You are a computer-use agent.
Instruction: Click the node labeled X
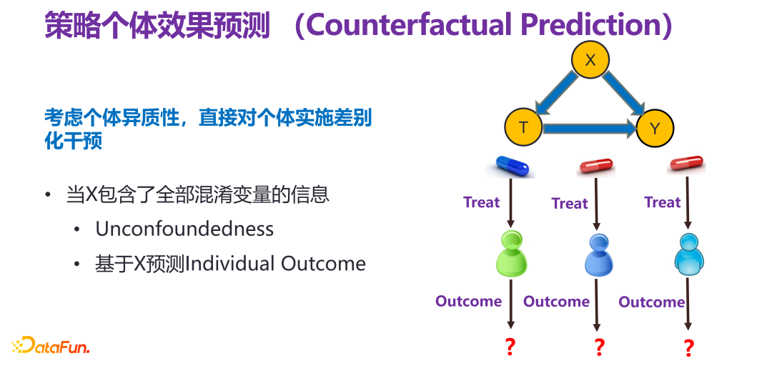(x=590, y=60)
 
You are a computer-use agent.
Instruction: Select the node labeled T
(x=523, y=127)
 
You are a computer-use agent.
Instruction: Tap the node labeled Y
(x=655, y=129)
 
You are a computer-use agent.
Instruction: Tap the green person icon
(x=512, y=254)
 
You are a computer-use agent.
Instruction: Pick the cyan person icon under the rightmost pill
(x=688, y=254)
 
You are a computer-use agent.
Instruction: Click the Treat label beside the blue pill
(x=481, y=202)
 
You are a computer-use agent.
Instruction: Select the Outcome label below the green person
(x=468, y=301)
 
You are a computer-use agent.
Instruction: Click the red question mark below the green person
(x=510, y=347)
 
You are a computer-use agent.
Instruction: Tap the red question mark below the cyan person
(x=688, y=348)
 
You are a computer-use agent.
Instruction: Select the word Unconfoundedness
(x=184, y=229)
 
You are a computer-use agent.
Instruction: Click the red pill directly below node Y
(x=686, y=164)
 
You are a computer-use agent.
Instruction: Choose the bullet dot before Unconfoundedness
(x=76, y=230)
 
